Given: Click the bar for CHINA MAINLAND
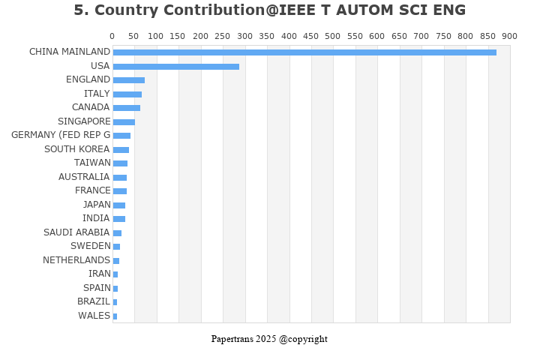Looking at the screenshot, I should point(304,52).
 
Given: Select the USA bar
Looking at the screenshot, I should point(176,66).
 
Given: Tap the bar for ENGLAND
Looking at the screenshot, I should point(129,80).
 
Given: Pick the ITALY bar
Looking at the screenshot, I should point(127,94).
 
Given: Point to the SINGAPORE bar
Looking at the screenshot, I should point(124,121).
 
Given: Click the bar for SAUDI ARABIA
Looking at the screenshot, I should point(117,233).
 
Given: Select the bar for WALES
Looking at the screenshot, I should point(115,316).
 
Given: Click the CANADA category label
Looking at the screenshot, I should point(91,107).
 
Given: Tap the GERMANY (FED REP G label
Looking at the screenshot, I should point(61,135).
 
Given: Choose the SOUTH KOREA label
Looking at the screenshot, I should point(77,149).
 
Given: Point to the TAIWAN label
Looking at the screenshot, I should point(92,163).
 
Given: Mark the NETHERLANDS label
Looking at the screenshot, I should point(76,260).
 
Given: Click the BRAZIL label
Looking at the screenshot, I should point(94,301).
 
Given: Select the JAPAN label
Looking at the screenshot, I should point(97,205).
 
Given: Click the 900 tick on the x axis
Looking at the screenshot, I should point(509,36).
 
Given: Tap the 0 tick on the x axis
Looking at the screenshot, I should point(112,36).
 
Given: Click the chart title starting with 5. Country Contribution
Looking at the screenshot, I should point(270,10).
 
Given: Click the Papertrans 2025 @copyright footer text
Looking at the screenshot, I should point(269,339).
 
